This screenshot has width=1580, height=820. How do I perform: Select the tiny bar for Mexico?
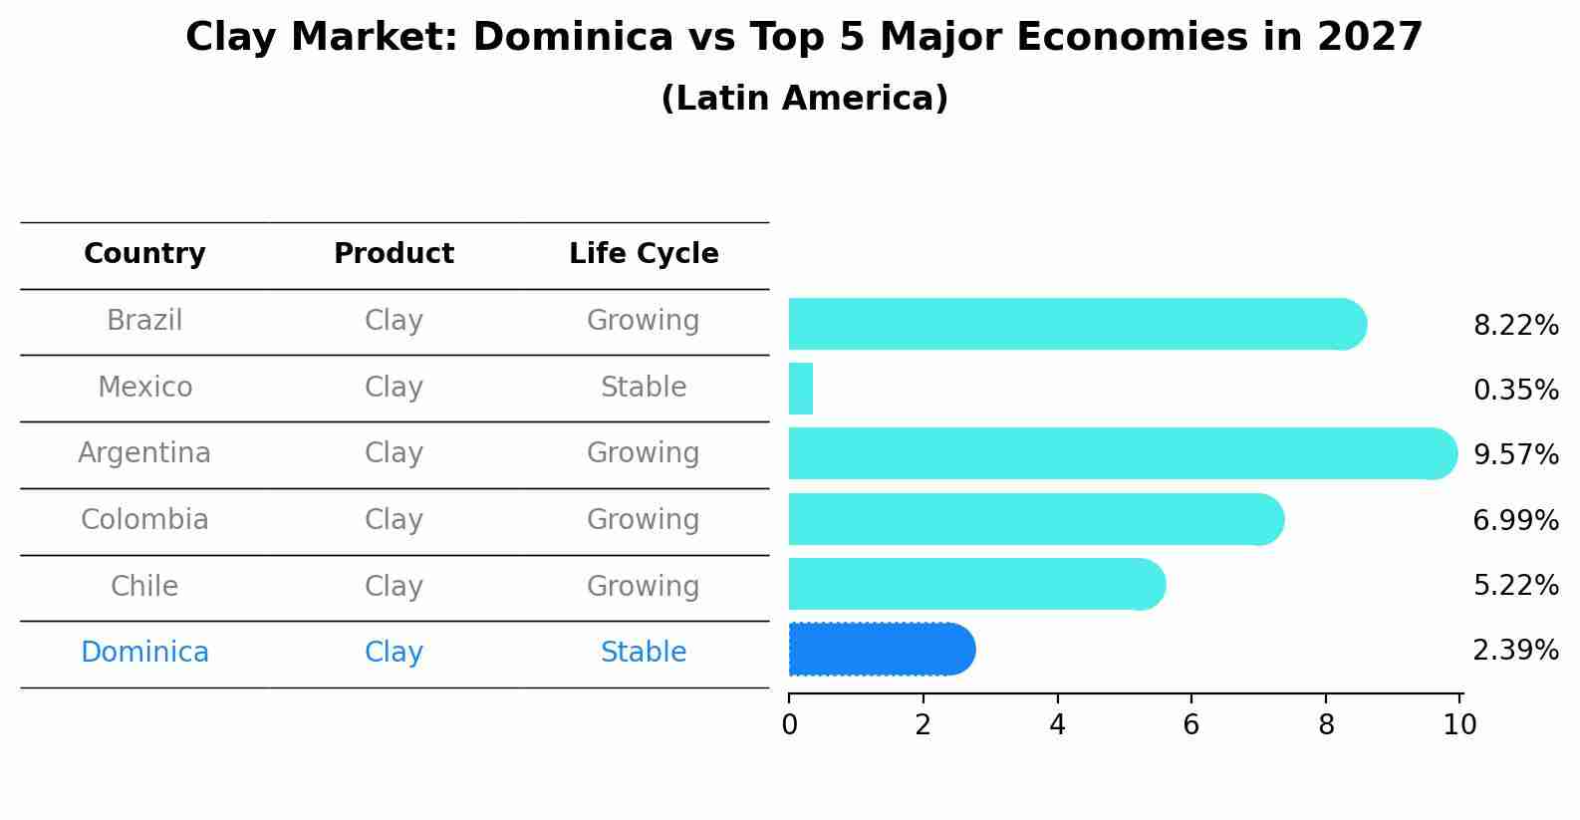(x=801, y=389)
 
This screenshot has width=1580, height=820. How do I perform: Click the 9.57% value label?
(x=1515, y=455)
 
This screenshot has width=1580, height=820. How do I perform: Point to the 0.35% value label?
(x=1515, y=391)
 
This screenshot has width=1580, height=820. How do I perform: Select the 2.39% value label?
(x=1515, y=651)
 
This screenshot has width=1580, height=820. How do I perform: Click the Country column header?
(x=144, y=254)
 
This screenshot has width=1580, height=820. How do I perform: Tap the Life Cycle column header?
(x=644, y=254)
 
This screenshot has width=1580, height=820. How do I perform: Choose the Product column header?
(x=394, y=254)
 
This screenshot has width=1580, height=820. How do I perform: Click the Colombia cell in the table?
(x=144, y=520)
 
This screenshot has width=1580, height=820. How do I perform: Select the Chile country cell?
(x=144, y=586)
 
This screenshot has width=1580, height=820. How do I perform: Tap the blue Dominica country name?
(x=144, y=653)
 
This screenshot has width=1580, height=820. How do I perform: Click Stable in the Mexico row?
(x=644, y=388)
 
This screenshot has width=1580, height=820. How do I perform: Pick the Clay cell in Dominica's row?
(x=394, y=653)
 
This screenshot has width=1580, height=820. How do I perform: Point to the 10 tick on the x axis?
(x=1459, y=725)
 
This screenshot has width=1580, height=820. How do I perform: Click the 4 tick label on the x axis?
(x=1057, y=725)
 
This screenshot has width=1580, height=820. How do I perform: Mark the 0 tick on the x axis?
(x=789, y=725)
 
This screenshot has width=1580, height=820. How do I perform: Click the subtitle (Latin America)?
(x=804, y=99)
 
